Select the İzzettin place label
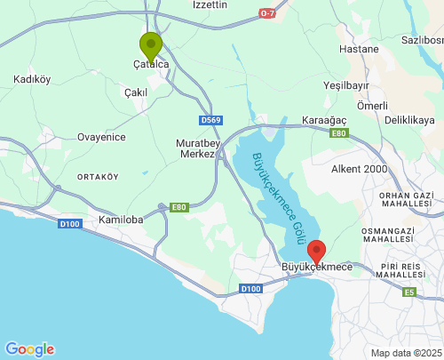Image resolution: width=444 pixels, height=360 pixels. point(210,5)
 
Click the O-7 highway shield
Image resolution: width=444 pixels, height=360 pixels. point(268,13)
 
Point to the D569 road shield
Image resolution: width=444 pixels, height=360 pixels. point(210,120)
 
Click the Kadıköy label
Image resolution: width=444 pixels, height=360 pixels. point(33,80)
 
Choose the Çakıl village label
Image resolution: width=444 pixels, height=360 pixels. point(135,92)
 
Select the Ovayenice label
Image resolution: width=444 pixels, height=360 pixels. point(101,137)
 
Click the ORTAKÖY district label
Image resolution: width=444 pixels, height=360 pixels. point(98,176)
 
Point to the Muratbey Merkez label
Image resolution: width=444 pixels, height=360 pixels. point(195,147)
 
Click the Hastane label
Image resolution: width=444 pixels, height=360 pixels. point(359,49)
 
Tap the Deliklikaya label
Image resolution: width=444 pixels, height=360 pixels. point(412,117)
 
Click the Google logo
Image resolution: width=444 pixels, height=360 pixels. point(29,349)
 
